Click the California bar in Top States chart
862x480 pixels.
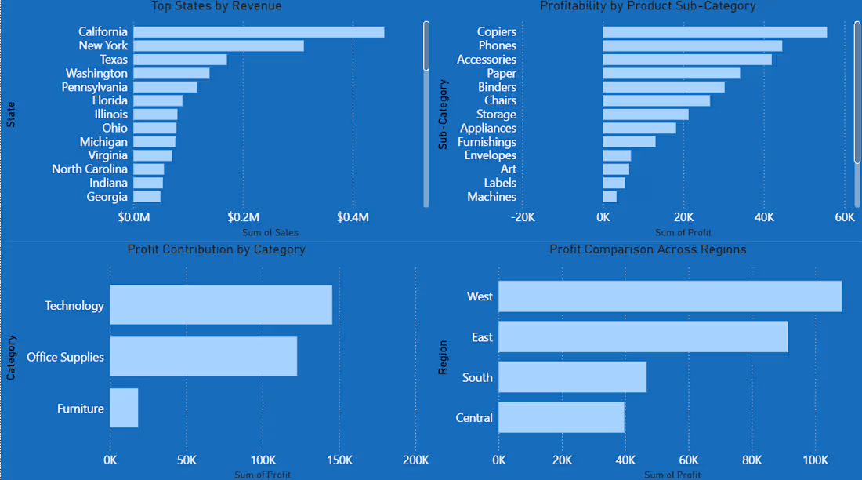(259, 32)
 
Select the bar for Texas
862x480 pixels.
(180, 60)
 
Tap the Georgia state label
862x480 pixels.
(107, 197)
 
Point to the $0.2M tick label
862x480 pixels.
(244, 217)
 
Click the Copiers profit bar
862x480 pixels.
(715, 32)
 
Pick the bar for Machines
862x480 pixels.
(610, 197)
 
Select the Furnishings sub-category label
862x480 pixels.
(487, 142)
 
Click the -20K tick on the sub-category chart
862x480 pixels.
(523, 217)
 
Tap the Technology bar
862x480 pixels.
(221, 305)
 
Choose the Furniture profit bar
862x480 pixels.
(125, 408)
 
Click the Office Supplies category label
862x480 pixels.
(65, 357)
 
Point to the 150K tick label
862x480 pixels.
(340, 460)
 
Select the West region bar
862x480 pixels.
(670, 296)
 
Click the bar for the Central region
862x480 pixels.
(562, 417)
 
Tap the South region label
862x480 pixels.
(477, 377)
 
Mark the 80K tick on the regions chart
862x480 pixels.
(752, 460)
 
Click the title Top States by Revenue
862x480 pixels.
(216, 6)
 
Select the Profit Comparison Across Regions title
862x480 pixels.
(648, 249)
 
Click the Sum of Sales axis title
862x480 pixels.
(270, 232)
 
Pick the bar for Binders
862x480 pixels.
(664, 87)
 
